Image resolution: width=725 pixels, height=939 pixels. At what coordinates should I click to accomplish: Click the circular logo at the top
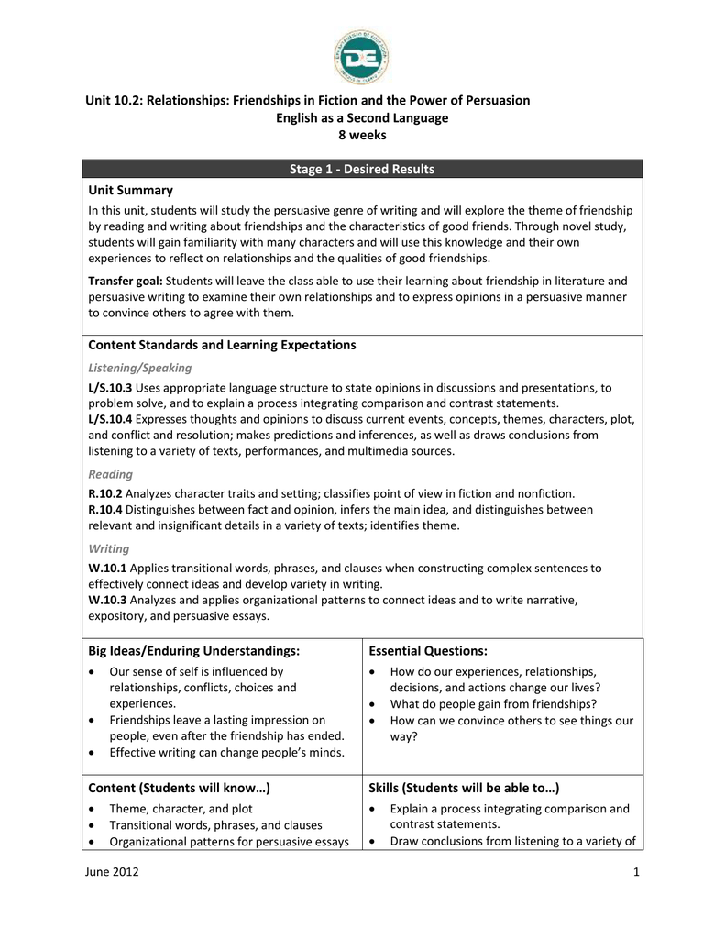[362, 54]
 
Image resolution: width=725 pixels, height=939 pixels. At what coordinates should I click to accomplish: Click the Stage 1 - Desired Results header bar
[362, 169]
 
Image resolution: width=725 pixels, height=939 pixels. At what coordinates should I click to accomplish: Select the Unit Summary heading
[130, 190]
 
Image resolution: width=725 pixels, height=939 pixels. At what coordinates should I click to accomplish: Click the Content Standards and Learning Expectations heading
[222, 345]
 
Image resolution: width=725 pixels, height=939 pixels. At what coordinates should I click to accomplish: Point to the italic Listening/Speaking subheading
[139, 368]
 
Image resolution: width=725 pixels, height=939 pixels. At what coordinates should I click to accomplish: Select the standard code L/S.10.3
[110, 388]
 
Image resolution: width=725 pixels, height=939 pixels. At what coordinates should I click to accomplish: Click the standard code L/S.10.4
[110, 419]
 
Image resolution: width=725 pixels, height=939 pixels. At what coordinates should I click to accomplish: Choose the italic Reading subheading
[110, 474]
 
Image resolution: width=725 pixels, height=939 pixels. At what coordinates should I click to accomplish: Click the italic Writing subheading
[108, 548]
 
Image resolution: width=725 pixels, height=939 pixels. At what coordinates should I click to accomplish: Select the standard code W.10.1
[107, 568]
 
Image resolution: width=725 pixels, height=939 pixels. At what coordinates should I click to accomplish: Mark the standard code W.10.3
[107, 600]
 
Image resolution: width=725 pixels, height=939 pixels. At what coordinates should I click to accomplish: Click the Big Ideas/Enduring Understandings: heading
[193, 650]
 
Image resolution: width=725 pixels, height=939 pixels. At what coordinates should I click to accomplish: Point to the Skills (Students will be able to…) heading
[464, 788]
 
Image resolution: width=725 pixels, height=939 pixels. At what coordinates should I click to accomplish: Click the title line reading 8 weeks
[362, 135]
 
